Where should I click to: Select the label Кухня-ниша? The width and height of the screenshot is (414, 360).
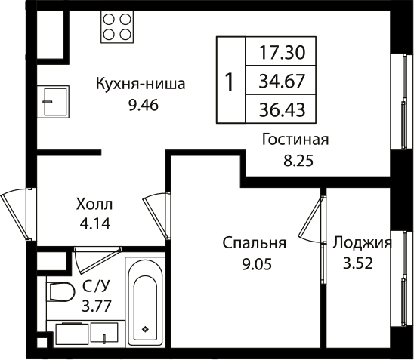(x=141, y=84)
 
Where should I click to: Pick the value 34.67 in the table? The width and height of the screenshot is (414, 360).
(x=278, y=78)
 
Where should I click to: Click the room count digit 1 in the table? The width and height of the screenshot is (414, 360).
(x=230, y=80)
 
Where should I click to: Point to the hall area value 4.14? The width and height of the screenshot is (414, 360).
(x=94, y=223)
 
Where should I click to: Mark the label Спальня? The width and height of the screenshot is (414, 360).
(x=254, y=243)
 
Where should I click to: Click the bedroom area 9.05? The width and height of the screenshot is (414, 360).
(x=254, y=264)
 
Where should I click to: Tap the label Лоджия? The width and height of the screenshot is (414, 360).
(x=362, y=243)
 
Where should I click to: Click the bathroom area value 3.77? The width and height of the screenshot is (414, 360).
(x=95, y=306)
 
